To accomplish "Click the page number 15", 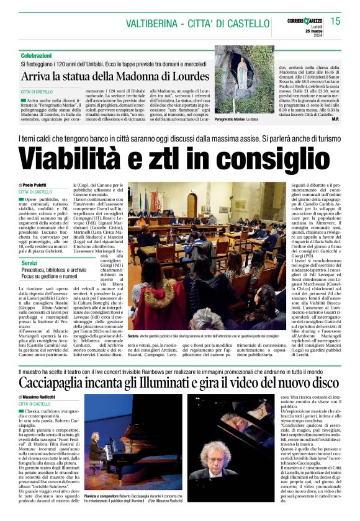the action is coord(335,22).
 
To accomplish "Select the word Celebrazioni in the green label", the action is coord(36,55).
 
